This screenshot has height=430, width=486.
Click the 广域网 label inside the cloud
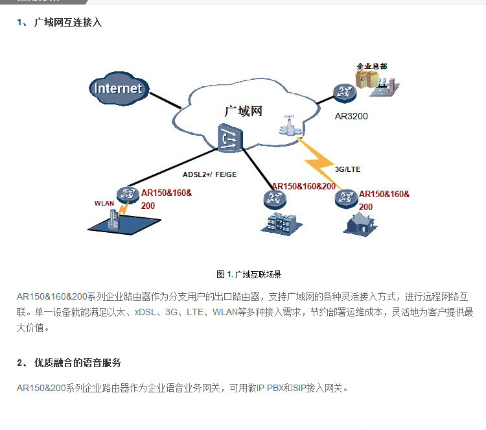pos(243,111)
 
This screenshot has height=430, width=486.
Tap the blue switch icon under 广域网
pos(229,137)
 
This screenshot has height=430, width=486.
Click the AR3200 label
pos(351,117)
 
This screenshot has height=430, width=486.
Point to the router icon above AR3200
pos(345,93)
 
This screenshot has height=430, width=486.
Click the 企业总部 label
pos(372,66)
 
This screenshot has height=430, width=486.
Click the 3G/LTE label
pos(347,169)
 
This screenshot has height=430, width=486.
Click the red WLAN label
pos(104,203)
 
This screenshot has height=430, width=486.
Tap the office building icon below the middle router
pos(277,222)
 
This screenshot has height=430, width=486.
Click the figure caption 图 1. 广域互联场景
pos(248,274)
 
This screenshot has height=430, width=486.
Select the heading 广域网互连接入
pos(68,23)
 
